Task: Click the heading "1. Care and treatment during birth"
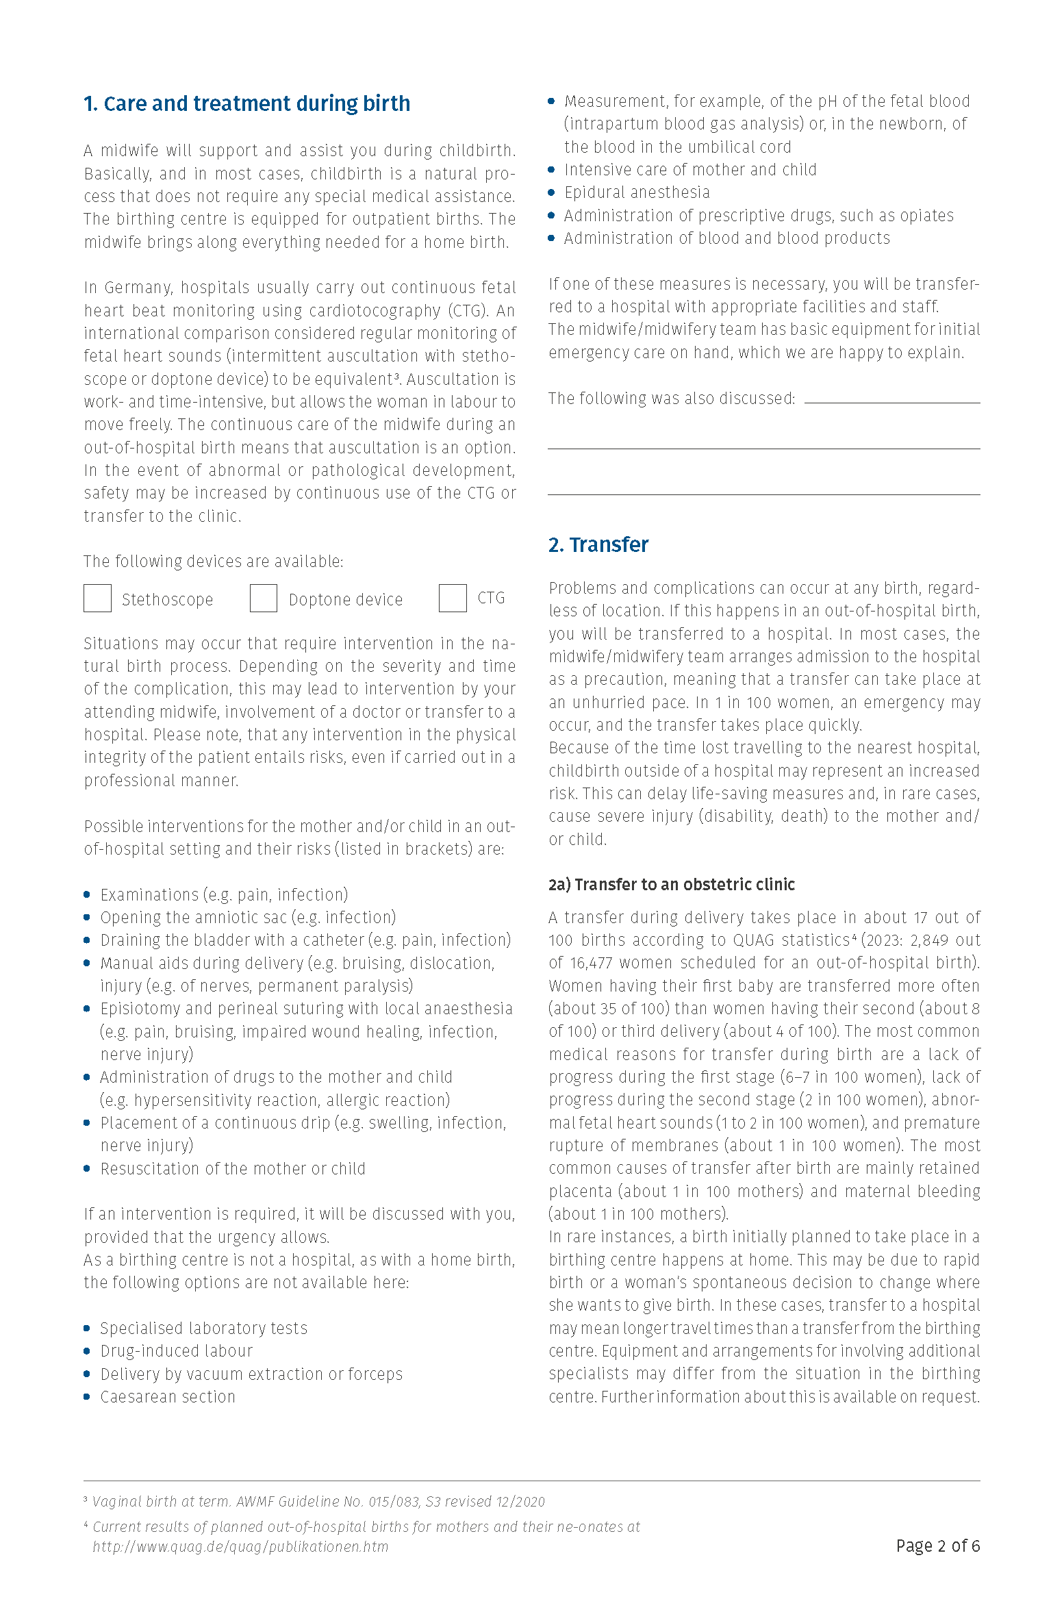point(246,103)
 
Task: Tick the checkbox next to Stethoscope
point(97,599)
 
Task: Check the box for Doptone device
point(263,599)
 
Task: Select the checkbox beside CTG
point(453,599)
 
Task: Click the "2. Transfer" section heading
point(598,545)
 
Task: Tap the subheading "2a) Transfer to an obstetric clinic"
point(671,885)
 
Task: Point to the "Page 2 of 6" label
point(937,1546)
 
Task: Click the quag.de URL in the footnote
point(240,1547)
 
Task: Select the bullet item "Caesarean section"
point(168,1397)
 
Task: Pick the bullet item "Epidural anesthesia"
point(637,192)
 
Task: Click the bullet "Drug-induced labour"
point(177,1351)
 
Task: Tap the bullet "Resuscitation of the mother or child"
point(233,1169)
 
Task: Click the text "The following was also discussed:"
point(672,399)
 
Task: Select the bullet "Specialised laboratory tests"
point(204,1329)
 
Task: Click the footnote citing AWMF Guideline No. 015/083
point(318,1502)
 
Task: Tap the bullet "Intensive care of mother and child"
point(690,170)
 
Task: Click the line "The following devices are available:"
point(214,562)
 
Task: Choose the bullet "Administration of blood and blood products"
point(727,238)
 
